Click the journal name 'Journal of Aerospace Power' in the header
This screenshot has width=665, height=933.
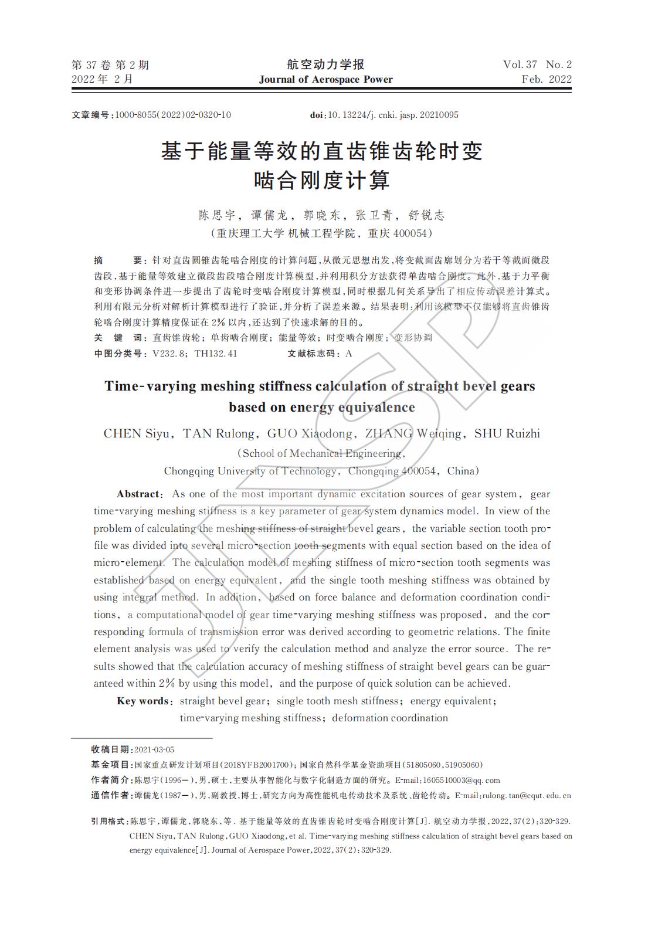coord(326,80)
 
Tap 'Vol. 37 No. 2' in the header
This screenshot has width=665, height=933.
coord(537,65)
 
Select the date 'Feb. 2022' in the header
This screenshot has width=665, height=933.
coord(547,80)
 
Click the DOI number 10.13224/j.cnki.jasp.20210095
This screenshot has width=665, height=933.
coord(393,115)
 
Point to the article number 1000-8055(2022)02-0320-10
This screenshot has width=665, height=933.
coord(173,115)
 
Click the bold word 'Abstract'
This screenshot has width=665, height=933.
coord(138,494)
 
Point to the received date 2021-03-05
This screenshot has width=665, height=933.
coord(154,750)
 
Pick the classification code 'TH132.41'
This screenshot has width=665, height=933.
coord(216,354)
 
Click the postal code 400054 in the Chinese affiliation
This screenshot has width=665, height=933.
coord(408,233)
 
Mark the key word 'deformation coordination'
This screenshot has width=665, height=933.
coord(390,718)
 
